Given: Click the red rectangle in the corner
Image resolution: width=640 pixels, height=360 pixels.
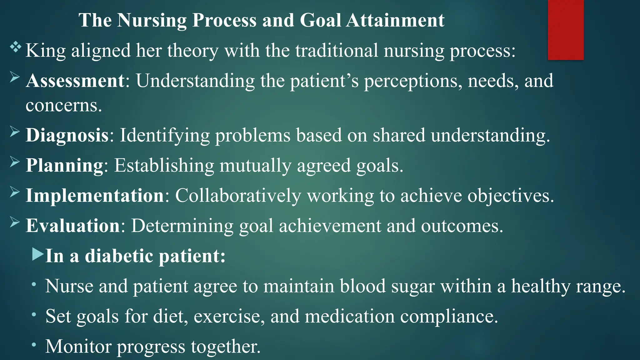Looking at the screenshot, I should (x=566, y=30).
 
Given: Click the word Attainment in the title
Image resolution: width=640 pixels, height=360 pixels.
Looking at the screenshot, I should (x=395, y=20).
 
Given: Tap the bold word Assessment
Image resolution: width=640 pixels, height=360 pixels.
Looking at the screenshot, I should (x=75, y=81).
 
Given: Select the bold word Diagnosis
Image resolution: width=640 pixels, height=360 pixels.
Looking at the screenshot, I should (x=67, y=135).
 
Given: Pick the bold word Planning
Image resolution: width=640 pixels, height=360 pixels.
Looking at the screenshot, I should (x=64, y=165).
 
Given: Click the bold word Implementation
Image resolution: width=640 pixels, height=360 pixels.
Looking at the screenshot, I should (x=95, y=195).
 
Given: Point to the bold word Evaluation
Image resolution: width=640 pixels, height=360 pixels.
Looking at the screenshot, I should (x=73, y=225).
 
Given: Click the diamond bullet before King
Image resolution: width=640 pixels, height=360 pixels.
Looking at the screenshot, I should (x=15, y=47).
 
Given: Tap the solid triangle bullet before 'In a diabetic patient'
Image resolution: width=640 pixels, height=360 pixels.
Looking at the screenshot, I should (x=38, y=254).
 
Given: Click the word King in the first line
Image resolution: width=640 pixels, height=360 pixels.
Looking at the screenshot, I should (x=46, y=51).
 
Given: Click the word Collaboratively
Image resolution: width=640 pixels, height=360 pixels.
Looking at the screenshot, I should (x=238, y=196).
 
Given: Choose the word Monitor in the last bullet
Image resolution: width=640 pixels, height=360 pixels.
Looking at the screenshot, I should (x=78, y=346).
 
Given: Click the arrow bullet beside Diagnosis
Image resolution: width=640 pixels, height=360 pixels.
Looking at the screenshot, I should (x=15, y=132).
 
